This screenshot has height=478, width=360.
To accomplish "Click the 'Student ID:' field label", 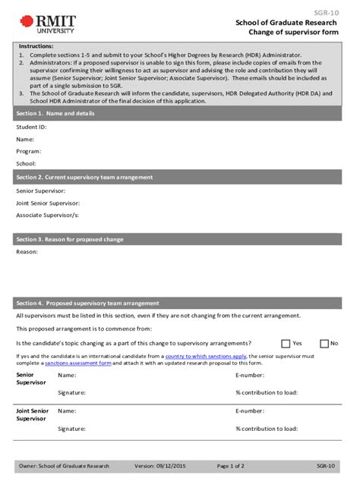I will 31,127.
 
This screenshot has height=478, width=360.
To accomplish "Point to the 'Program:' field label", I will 29,151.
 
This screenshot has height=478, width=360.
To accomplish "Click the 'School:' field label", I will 27,163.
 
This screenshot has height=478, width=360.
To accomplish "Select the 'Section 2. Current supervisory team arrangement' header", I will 84,177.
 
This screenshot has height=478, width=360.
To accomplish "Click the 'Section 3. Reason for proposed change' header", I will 70,239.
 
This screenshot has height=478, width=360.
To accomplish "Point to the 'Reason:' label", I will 27,252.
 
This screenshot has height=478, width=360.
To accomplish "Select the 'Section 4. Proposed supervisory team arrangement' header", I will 87,302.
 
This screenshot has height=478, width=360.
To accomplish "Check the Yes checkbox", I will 286,343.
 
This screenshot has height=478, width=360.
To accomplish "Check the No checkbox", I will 324,343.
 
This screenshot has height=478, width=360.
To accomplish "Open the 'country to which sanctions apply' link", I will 205,355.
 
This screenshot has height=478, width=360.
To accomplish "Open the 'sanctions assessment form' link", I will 78,363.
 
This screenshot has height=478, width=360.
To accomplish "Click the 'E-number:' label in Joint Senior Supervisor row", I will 250,410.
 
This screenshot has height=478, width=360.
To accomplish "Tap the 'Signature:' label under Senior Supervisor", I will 71,392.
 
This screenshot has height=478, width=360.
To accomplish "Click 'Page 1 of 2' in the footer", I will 230,466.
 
